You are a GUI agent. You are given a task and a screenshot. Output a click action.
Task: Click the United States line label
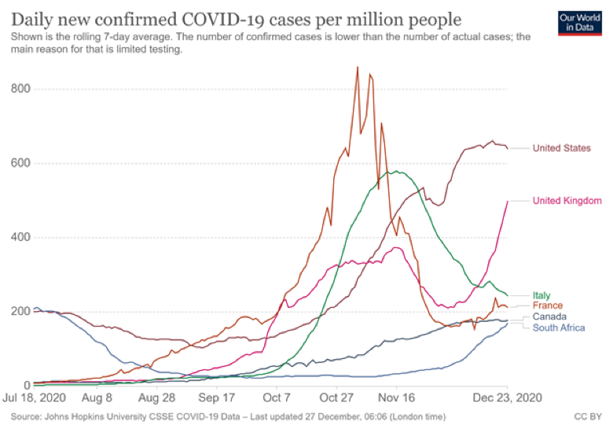tap(561, 148)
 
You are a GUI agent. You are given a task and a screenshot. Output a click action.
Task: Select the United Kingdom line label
tap(567, 201)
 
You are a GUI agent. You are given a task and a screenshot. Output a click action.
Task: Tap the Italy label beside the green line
tap(542, 295)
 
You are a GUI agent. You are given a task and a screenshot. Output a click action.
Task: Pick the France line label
tap(548, 305)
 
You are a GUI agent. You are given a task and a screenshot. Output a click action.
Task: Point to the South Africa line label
tap(558, 328)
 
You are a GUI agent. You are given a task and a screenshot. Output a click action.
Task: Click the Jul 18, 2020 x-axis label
tap(33, 400)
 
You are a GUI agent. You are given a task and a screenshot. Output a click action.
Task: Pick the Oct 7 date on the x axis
tap(277, 400)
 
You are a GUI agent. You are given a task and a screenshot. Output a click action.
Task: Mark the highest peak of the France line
tap(358, 68)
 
